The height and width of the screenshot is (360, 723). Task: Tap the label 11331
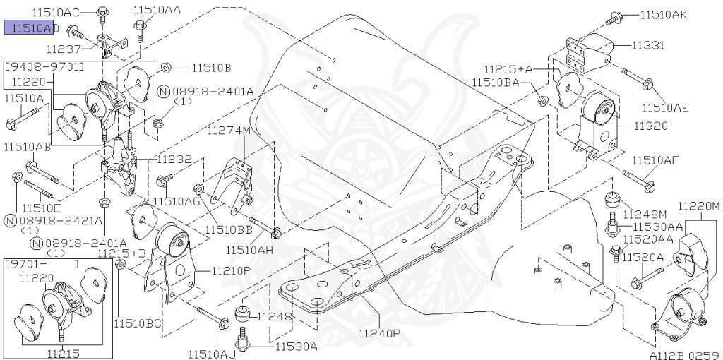(647, 45)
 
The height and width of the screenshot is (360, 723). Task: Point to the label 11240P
(379, 333)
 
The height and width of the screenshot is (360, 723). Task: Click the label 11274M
(228, 131)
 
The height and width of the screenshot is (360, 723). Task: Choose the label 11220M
(698, 206)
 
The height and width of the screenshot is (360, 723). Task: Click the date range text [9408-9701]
(44, 67)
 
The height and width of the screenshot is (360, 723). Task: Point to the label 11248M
(649, 213)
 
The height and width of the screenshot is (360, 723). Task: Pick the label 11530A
(296, 346)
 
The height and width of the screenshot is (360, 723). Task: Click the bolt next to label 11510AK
(616, 16)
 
